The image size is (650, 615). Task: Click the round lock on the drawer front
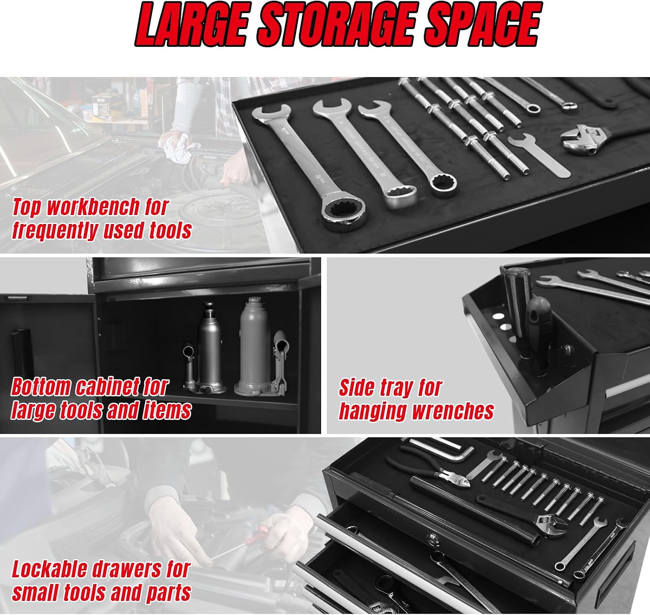(x=431, y=539)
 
